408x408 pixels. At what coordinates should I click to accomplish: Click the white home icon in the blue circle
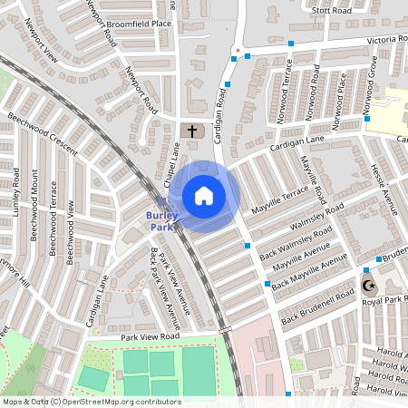click(x=204, y=196)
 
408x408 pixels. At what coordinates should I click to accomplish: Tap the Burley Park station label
click(x=162, y=220)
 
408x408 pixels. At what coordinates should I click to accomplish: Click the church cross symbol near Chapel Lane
click(x=190, y=131)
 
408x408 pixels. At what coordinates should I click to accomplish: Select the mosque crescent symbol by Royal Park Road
click(x=368, y=286)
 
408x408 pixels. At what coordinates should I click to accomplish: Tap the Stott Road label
click(x=330, y=11)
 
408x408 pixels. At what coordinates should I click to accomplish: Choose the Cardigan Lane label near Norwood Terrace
click(x=297, y=144)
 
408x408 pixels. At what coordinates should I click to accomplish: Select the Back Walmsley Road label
click(x=292, y=236)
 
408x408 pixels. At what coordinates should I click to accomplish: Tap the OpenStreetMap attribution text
click(x=92, y=402)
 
